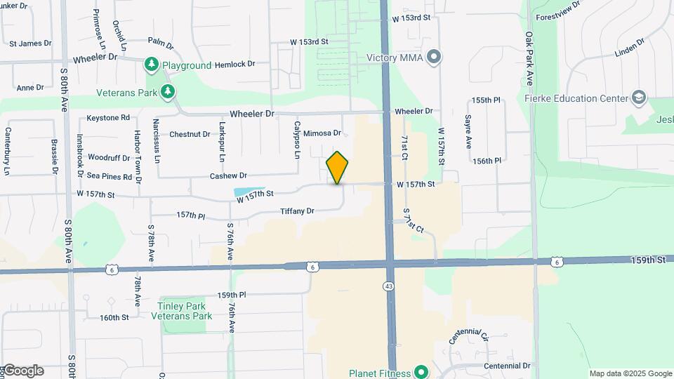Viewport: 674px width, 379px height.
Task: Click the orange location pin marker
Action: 338,168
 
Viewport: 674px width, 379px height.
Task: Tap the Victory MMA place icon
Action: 434,57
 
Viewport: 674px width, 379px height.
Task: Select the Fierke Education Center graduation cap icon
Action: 638,98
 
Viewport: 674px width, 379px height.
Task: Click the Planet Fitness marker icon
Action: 421,371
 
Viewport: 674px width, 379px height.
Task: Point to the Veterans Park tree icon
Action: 167,91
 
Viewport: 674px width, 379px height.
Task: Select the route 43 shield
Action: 388,286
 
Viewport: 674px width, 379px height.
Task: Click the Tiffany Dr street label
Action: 297,211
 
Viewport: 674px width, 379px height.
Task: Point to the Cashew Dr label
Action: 228,175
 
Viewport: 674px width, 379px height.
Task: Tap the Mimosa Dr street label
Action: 322,133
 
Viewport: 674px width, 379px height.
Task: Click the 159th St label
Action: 647,260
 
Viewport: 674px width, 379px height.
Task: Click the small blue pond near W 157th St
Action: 240,192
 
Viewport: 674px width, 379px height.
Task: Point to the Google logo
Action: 22,371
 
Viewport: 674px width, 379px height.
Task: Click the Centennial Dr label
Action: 507,366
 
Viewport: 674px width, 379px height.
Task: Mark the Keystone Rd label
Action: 109,117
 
